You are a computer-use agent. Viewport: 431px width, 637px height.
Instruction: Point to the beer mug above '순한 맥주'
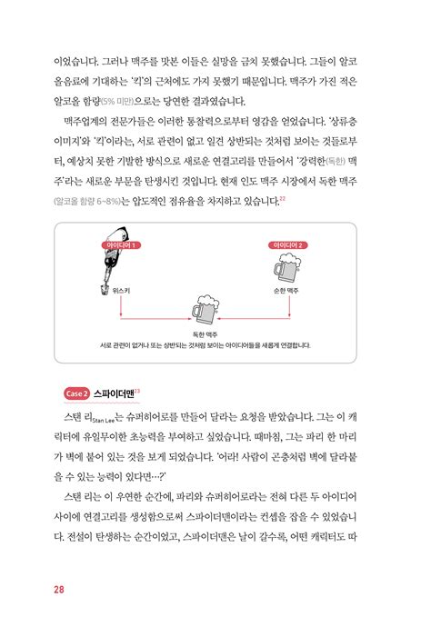pos(287,270)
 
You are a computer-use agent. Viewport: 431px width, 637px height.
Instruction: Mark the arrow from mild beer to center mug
pos(259,318)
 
